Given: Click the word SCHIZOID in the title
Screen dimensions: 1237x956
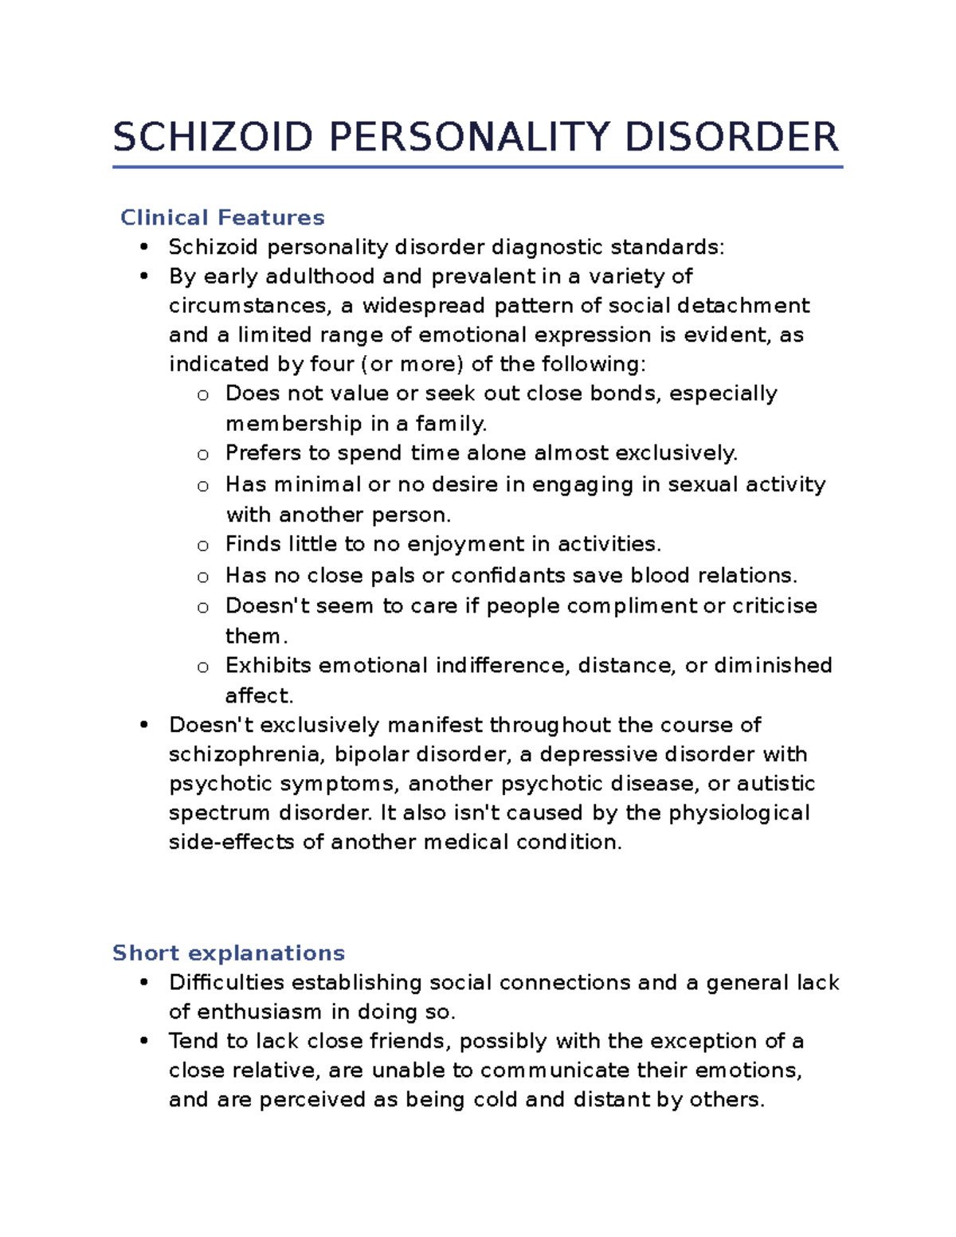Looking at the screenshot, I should point(213,137).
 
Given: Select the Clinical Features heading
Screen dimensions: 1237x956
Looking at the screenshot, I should point(222,217).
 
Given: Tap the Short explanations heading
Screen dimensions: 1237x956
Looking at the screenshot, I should point(229,953).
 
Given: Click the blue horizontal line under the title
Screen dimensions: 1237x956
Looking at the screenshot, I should point(477,167).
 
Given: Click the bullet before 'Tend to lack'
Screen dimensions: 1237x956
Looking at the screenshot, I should point(144,1041).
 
